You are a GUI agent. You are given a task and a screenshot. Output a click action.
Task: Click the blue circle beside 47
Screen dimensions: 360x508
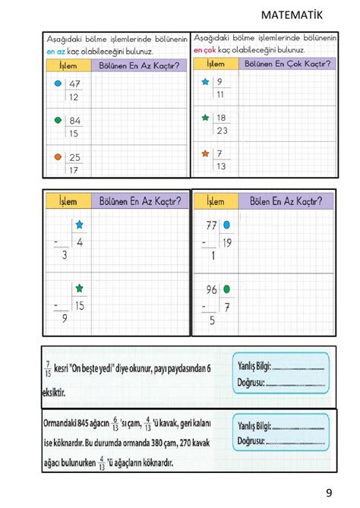(58, 84)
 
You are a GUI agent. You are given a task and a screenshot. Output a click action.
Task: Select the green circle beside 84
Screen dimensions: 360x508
(58, 121)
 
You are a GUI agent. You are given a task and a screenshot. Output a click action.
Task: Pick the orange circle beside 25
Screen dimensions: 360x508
(58, 156)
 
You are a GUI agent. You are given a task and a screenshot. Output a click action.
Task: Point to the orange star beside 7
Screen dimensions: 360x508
(204, 154)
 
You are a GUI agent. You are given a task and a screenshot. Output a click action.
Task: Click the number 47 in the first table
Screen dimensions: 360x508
(74, 84)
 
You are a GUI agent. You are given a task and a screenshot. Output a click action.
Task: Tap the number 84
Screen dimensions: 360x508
(74, 121)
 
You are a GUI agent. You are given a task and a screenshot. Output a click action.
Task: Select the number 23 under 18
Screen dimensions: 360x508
(221, 130)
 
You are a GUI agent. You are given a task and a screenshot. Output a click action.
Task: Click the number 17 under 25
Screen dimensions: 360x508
(74, 171)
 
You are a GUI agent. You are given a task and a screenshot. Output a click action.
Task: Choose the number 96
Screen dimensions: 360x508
(213, 289)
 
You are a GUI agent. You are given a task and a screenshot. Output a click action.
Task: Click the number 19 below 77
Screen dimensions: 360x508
(225, 242)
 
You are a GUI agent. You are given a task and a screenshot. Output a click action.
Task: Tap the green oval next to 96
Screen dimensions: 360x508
(227, 289)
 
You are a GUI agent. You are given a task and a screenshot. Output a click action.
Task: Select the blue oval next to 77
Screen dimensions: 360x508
(227, 225)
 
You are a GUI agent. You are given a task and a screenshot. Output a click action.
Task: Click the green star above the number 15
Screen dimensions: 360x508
(79, 289)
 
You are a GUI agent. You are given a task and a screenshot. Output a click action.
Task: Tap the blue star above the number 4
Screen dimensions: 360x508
(79, 226)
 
